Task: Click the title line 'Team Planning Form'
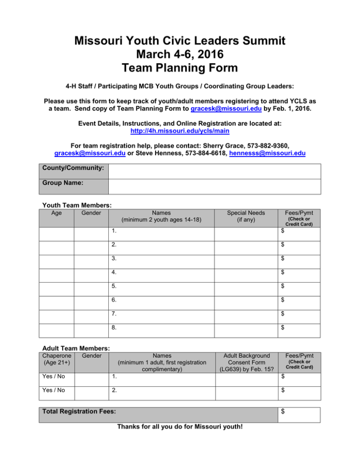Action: [x=180, y=68]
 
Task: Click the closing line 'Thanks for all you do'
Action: [x=180, y=429]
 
